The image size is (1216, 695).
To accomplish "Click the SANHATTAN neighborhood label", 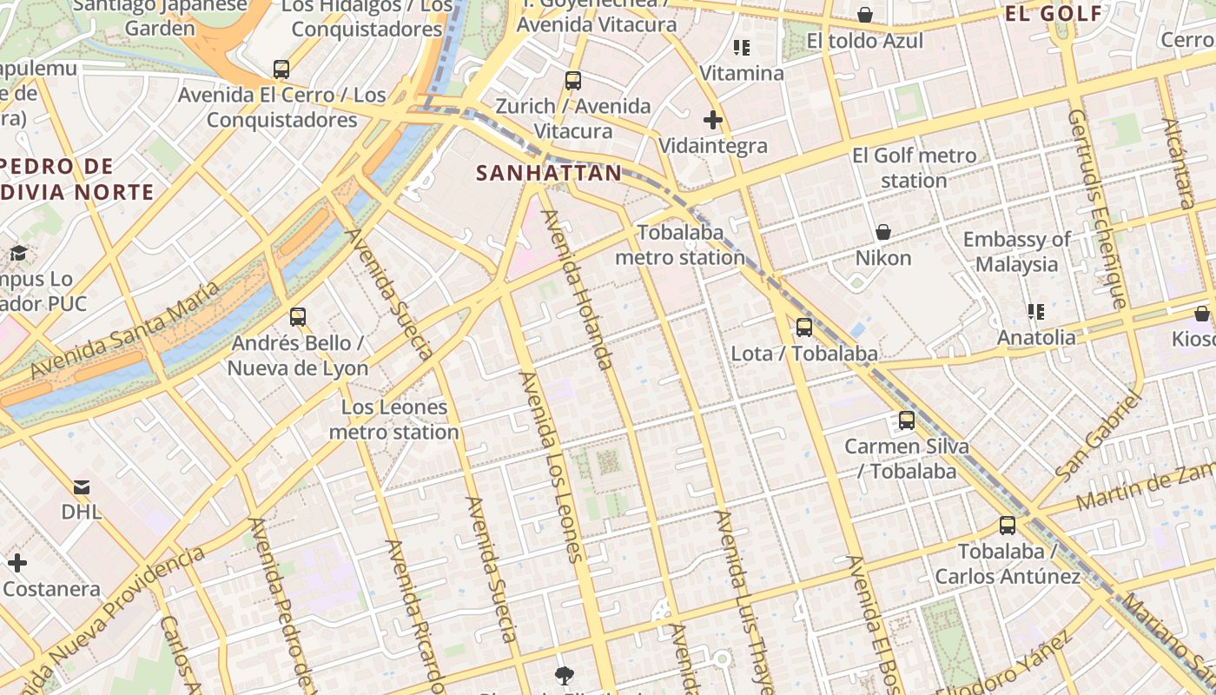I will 549,173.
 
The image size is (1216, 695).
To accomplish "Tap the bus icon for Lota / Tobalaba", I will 804,328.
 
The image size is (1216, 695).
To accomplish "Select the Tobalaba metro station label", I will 680,245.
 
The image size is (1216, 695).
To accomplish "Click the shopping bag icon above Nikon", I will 883,232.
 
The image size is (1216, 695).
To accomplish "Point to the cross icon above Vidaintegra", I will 713,120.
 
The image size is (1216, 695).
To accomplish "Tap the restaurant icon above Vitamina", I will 742,47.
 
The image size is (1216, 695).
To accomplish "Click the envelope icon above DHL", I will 82,486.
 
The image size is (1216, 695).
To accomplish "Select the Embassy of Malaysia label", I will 1016,251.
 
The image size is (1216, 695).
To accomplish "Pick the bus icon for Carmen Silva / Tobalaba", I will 907,420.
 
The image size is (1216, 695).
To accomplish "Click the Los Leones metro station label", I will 393,420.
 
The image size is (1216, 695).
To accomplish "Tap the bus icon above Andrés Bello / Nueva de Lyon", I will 298,317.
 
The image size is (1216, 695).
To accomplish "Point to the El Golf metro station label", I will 914,168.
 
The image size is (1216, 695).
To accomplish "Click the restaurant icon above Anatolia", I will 1035,311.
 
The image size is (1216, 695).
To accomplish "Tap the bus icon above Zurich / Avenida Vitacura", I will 573,81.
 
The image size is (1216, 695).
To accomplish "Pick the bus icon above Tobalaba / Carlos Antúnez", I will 1008,526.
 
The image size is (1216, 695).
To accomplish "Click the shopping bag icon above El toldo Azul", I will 865,15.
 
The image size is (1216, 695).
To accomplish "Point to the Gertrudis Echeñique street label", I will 1098,208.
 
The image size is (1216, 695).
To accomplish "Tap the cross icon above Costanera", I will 17,563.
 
